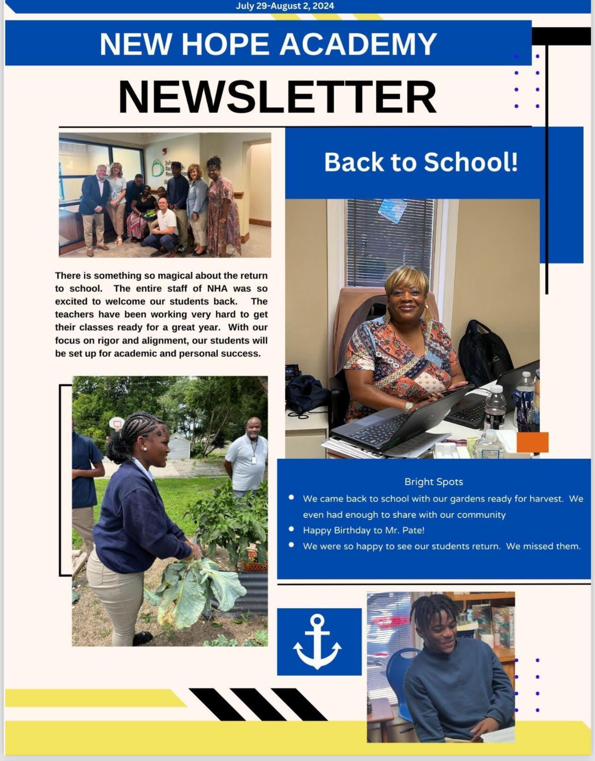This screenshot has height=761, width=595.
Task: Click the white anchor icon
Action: click(317, 641)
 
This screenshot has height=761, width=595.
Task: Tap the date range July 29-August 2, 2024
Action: click(285, 6)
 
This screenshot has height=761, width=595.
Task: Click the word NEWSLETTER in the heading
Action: click(277, 97)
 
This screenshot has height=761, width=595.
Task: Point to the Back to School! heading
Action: click(421, 162)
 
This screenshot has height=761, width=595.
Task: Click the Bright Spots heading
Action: click(434, 482)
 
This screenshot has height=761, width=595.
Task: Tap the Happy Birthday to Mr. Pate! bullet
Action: click(363, 530)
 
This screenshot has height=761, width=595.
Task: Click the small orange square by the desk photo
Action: click(533, 442)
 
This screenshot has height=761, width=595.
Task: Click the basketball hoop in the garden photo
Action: click(117, 422)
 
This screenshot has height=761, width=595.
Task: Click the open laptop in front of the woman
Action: click(397, 424)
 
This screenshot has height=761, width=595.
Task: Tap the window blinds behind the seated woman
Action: click(390, 240)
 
